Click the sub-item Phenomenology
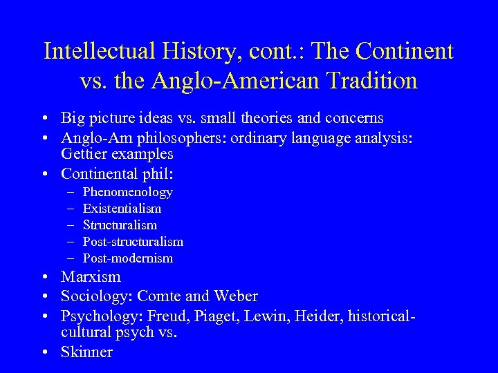[x=127, y=191]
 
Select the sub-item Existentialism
[x=122, y=208]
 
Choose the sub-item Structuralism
[x=120, y=224]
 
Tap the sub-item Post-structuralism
[x=133, y=241]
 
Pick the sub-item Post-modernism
[x=128, y=258]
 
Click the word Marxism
[x=91, y=277]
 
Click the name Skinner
[x=86, y=352]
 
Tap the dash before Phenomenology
[x=71, y=191]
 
